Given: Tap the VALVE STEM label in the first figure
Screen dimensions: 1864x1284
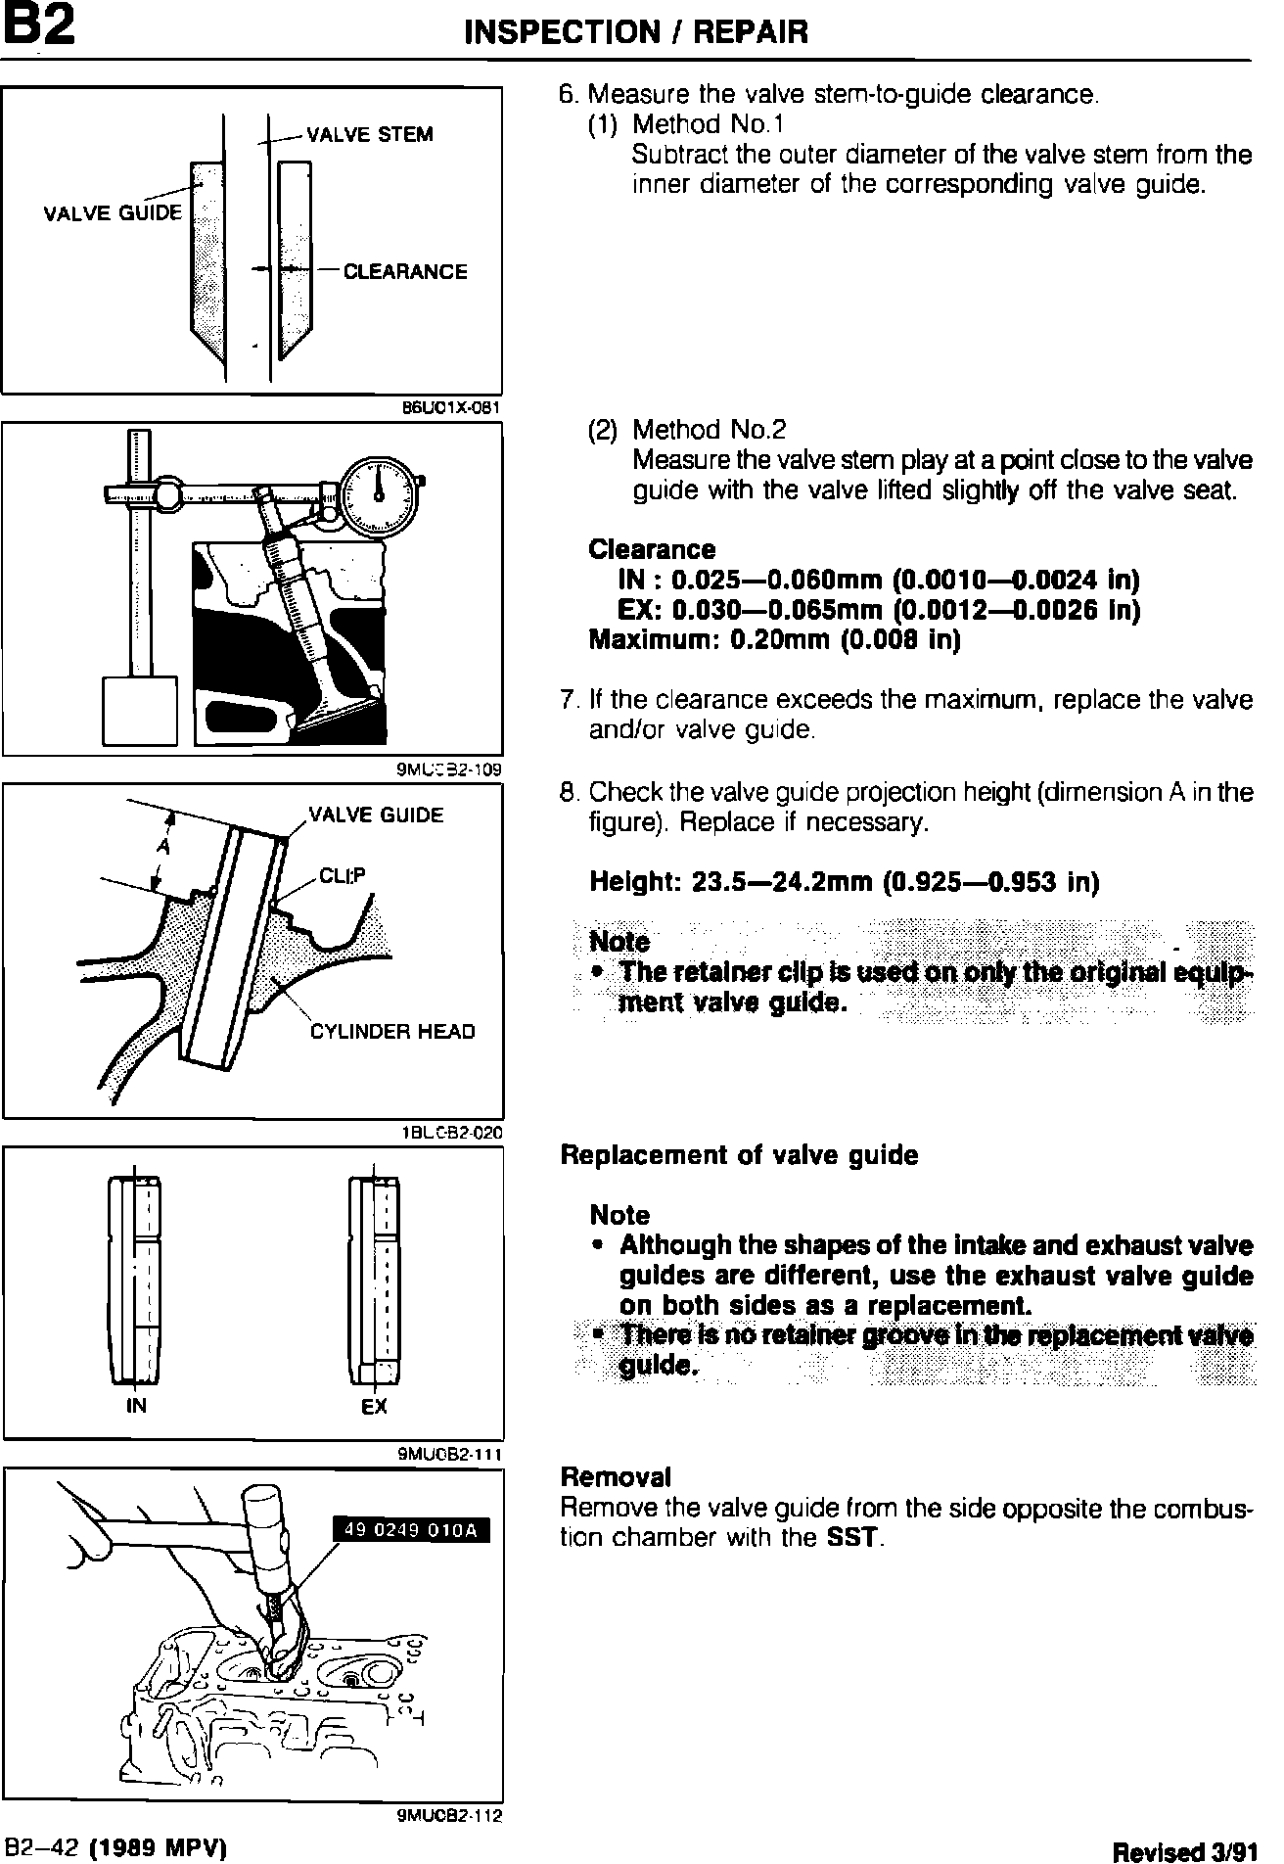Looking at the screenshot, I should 369,135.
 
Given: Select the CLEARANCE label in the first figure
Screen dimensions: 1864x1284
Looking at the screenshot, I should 404,272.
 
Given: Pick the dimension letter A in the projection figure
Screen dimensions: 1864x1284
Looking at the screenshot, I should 161,849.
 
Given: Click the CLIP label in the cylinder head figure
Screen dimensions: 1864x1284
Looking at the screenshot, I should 342,876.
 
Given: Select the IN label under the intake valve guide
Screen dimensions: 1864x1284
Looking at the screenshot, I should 136,1407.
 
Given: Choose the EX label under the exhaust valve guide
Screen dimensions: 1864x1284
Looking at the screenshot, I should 374,1407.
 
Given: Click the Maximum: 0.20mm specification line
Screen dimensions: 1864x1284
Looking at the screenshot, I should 774,640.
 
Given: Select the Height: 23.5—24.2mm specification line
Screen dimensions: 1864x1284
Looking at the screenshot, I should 844,883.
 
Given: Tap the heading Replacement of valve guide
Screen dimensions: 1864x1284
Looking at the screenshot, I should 739,1155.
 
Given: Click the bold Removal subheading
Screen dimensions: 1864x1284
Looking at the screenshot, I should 616,1476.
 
